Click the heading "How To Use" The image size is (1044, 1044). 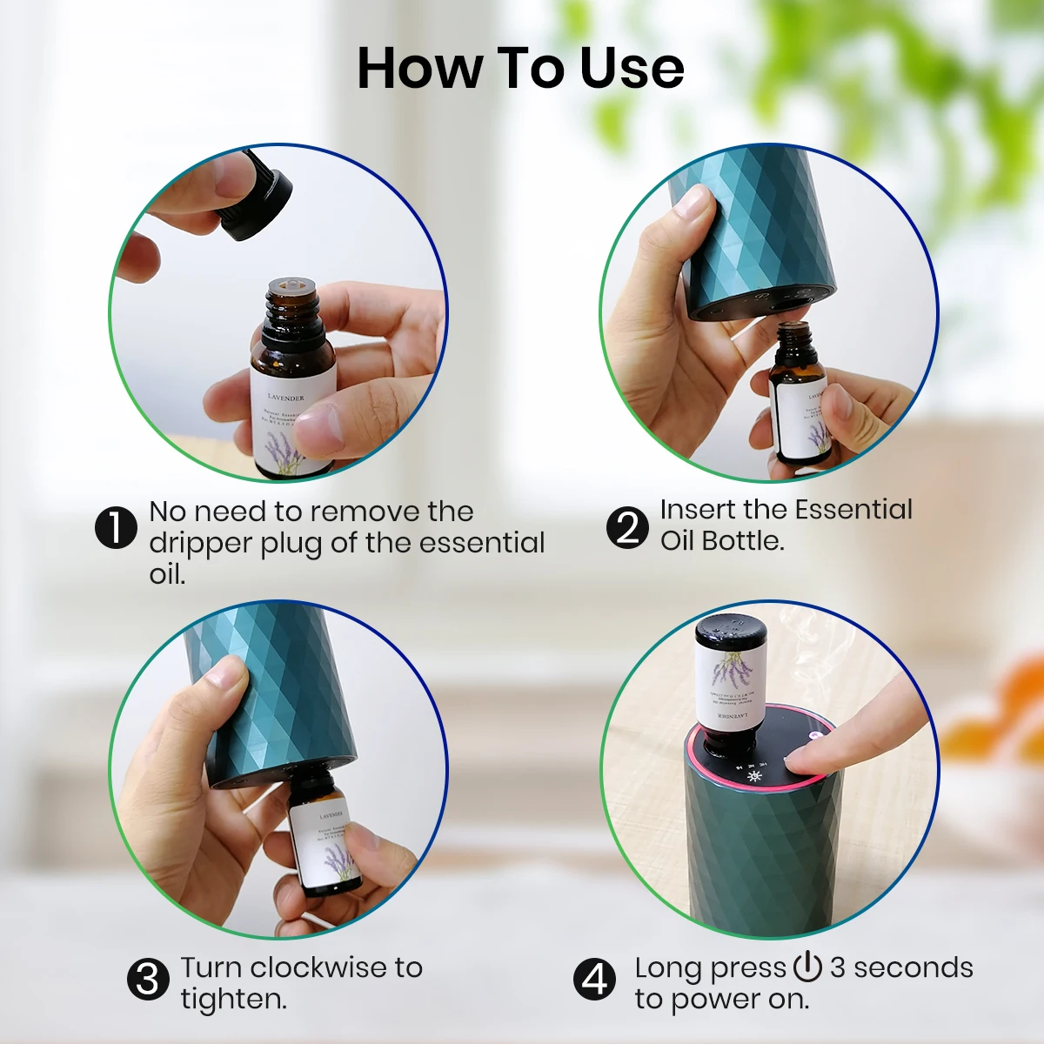[520, 68]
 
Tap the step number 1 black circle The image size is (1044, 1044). [116, 527]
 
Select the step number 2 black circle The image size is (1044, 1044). [627, 527]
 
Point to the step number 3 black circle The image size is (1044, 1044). [148, 980]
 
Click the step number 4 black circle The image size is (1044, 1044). [594, 980]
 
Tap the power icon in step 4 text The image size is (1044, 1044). [807, 967]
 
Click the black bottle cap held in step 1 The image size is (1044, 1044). [258, 198]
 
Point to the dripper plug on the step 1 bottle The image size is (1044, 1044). [291, 286]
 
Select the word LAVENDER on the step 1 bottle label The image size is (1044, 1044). [286, 397]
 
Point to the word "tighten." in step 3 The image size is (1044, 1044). [233, 999]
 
